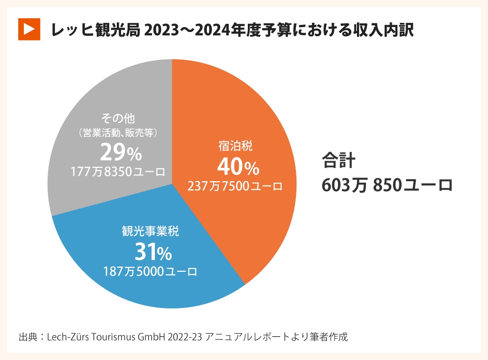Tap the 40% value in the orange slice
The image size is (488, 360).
[238, 167]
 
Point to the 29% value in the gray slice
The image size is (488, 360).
[121, 153]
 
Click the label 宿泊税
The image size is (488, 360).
[235, 146]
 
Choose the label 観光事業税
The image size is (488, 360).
[150, 232]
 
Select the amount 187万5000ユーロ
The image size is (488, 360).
[150, 271]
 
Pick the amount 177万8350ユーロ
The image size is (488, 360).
[118, 172]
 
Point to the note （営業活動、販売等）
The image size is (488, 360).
[118, 133]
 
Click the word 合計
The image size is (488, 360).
[338, 160]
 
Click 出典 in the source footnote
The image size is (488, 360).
[28, 337]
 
